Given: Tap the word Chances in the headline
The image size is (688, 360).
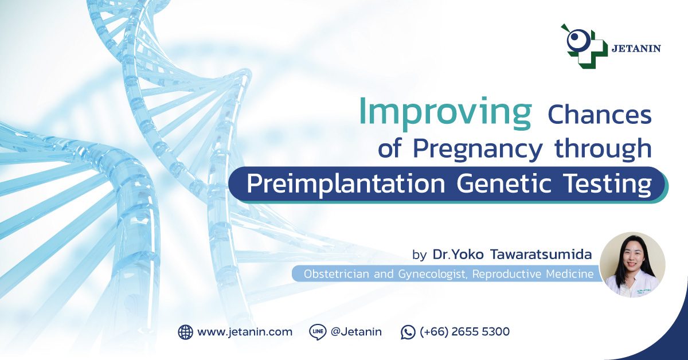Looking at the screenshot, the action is [600, 115].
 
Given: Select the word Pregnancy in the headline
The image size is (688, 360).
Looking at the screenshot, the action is [478, 150].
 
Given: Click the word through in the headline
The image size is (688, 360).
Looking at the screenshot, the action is [603, 148].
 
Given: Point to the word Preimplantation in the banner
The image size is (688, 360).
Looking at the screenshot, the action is [346, 184].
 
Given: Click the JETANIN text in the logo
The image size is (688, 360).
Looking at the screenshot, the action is [636, 49].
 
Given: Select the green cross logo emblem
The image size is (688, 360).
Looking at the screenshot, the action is [584, 46].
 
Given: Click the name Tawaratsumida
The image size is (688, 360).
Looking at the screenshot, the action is [541, 255].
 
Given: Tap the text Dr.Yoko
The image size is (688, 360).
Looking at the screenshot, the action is [458, 255].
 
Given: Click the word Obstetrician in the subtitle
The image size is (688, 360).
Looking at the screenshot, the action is [337, 273].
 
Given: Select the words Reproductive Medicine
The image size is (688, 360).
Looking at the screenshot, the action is [533, 274].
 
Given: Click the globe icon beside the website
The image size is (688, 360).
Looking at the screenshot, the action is [186, 332].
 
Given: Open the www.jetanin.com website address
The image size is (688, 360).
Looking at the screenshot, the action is [245, 332].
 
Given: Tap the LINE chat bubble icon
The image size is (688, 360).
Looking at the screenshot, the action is [317, 332].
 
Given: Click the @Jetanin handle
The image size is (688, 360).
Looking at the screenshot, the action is [356, 332].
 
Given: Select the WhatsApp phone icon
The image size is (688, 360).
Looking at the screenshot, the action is [408, 332].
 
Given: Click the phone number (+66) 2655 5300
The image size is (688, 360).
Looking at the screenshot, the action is [465, 332].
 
